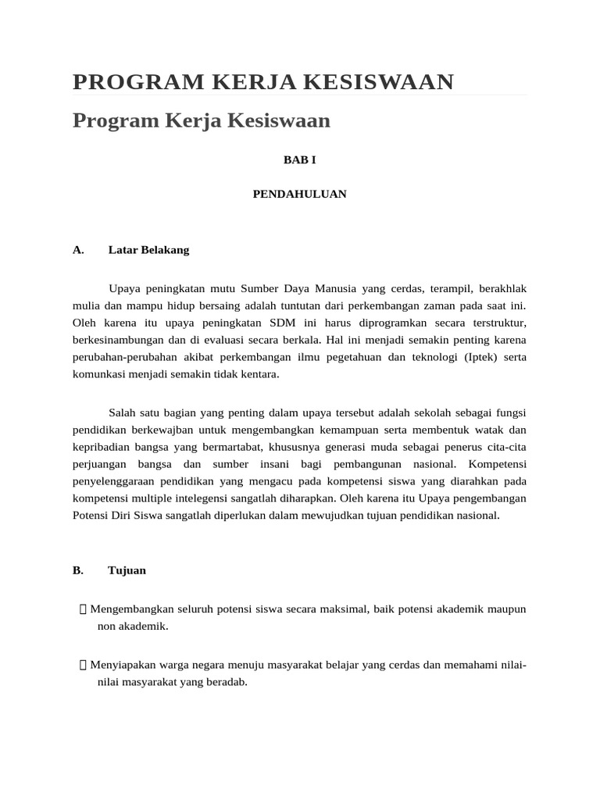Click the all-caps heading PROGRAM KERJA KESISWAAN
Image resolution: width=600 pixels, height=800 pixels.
coord(262,81)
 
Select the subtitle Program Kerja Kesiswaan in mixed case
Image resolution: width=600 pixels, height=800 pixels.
coord(202,121)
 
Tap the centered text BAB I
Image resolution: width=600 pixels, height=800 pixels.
coord(299,159)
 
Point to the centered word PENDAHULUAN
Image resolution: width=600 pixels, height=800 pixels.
coord(299,194)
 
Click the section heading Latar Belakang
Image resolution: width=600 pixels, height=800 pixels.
coord(148,250)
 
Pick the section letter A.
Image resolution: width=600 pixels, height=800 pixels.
coord(77,250)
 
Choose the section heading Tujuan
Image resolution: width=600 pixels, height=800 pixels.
coord(127,570)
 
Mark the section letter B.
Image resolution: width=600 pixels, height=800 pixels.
coord(77,570)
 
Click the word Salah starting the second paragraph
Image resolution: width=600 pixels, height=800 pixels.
coord(122,412)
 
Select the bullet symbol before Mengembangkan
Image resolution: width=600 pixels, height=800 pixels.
coord(83,609)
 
